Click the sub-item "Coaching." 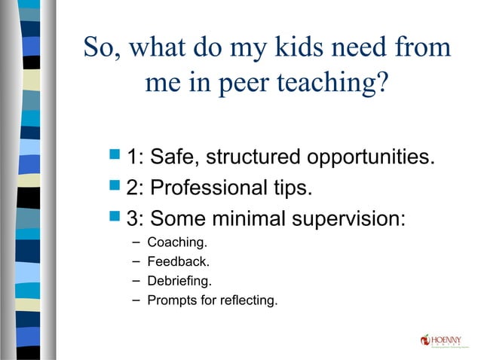coord(177,243)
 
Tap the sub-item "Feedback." coord(179,262)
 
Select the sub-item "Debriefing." coord(180,282)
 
